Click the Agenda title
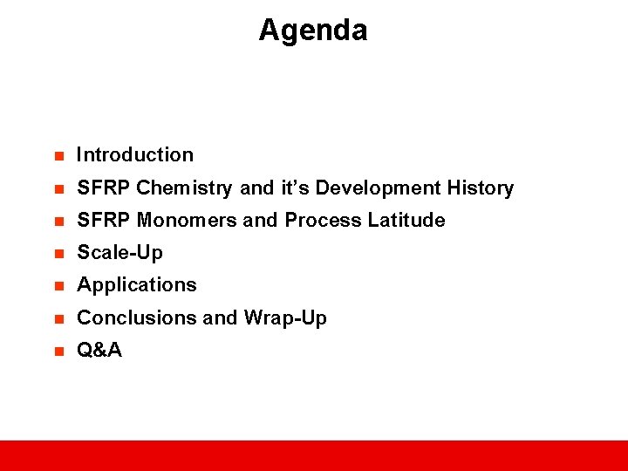pos(313,31)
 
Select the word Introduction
pos(135,155)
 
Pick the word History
pos(481,188)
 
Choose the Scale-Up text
pos(119,253)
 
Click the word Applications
pos(137,285)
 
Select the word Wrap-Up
pos(285,318)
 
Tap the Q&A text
pos(99,351)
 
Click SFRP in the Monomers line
pos(104,221)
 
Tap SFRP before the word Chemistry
pos(104,188)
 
